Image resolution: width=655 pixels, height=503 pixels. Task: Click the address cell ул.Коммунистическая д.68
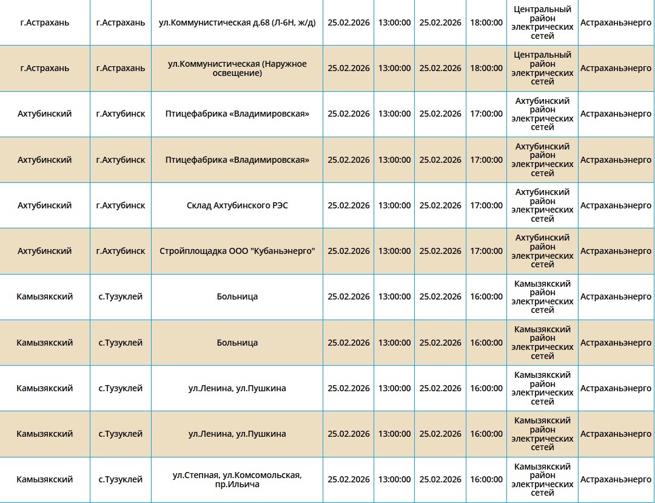coord(237,22)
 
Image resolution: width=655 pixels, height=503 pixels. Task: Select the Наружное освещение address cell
coord(237,69)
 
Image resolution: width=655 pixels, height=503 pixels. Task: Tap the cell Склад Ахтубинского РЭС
coord(237,205)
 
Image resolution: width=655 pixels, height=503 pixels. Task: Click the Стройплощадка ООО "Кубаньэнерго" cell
coord(237,251)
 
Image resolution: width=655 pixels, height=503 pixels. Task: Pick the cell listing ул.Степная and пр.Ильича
coord(237,479)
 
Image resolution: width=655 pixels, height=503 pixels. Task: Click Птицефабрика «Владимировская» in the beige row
coord(237,160)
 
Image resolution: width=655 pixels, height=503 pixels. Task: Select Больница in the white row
coord(237,296)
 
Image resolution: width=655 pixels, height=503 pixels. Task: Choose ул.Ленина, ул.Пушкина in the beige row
coord(237,434)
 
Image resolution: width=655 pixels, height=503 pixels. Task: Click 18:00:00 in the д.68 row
coord(486,22)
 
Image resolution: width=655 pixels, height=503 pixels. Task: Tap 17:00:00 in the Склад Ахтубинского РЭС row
coord(486,205)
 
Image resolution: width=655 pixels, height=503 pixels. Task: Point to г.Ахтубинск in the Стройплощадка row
coord(121,251)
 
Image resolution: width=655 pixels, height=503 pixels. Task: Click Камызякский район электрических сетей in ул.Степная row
coord(542,479)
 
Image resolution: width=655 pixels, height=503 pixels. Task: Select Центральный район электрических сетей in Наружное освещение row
coord(542,69)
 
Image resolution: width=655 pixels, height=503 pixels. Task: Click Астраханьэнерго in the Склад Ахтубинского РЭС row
coord(616,205)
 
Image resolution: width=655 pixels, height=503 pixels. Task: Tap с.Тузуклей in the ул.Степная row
coord(121,479)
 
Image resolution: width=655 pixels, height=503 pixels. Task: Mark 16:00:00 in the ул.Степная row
coord(486,479)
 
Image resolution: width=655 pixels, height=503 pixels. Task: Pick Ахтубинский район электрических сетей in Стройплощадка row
coord(542,251)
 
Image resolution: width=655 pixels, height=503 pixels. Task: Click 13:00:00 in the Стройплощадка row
coord(394,251)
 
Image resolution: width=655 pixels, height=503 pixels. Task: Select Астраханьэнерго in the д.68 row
coord(616,22)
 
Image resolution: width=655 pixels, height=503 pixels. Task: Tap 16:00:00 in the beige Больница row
coord(486,343)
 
